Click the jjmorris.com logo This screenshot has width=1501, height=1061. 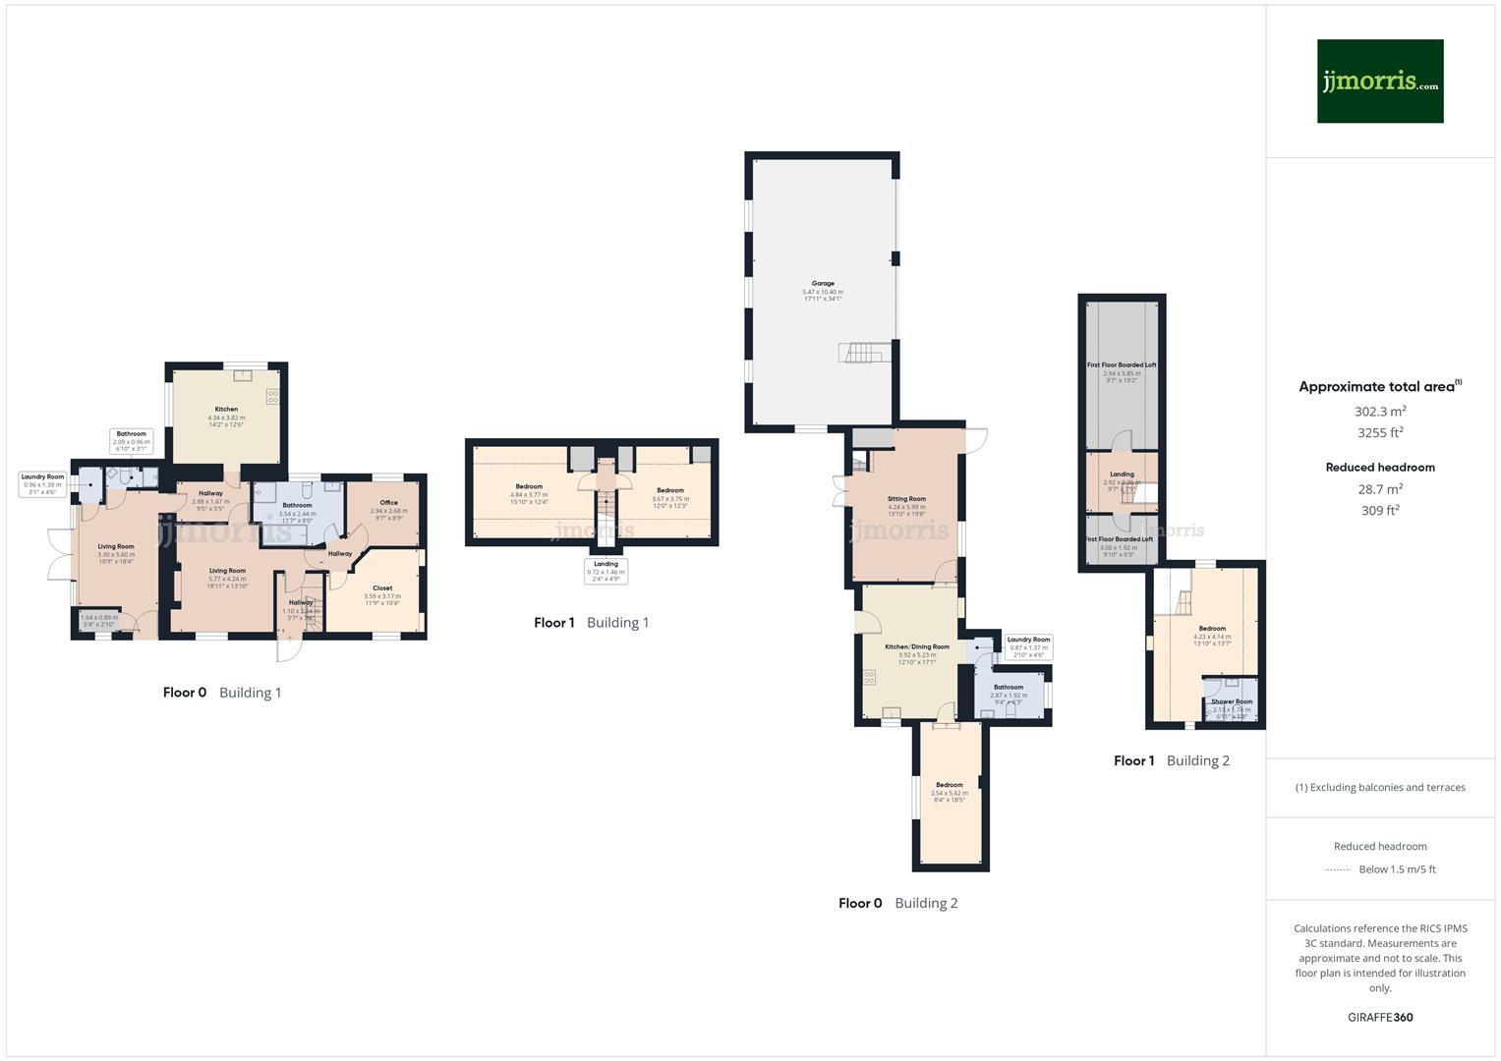coord(1380,82)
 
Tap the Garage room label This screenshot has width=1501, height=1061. coord(823,283)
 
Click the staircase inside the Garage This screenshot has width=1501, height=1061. coord(863,352)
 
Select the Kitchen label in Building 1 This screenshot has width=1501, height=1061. coord(226,409)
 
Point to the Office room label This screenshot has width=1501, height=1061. coord(388,502)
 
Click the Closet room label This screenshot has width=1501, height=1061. coord(382,587)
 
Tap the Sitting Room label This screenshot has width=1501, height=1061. coord(905,499)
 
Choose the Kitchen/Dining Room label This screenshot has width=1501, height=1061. coord(916,646)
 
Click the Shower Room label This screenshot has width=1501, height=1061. coord(1232,701)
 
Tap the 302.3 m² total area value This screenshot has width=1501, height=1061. coord(1380,412)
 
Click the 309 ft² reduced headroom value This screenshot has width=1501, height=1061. coord(1380,511)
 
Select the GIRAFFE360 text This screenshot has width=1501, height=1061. coord(1380,1018)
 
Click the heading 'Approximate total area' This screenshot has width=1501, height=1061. coord(1376,387)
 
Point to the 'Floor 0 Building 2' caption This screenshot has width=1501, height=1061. coord(897,904)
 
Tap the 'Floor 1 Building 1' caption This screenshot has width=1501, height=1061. coord(591,623)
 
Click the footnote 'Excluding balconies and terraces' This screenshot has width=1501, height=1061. coord(1380,788)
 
